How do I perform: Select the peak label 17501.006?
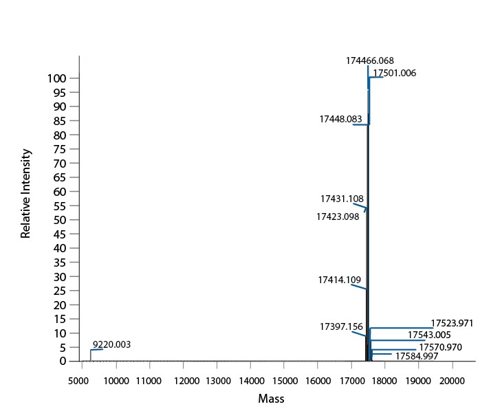394,73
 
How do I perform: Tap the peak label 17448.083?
340,119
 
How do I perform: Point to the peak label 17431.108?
342,199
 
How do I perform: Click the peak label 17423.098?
338,216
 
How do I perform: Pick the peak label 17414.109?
339,280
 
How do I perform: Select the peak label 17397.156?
341,326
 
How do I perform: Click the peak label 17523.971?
452,323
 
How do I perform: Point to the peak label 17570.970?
440,347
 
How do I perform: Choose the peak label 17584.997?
417,356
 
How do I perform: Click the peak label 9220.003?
111,344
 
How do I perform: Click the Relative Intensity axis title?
26,194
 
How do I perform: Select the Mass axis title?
271,399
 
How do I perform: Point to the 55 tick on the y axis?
60,205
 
